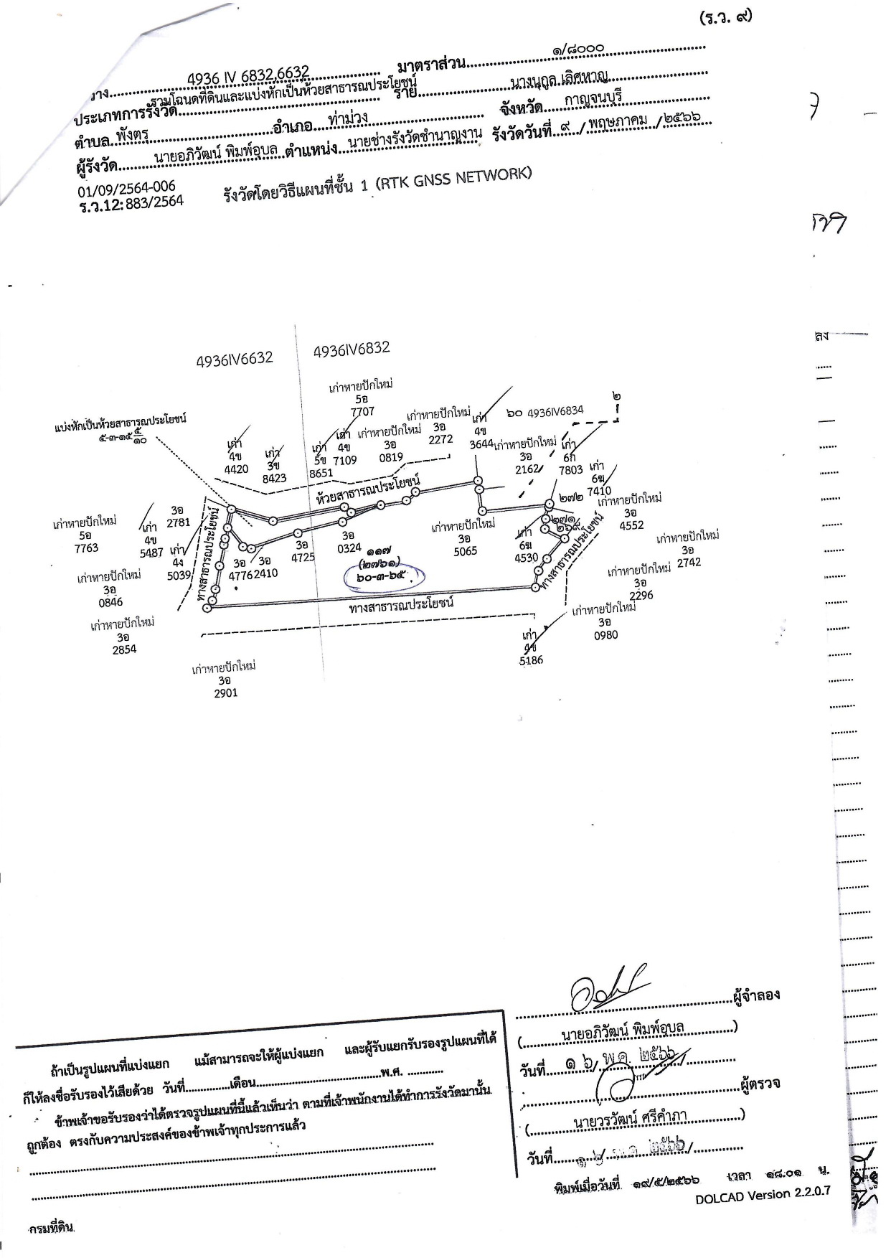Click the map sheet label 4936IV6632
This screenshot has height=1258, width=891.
click(234, 359)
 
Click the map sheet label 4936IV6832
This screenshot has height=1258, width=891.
click(352, 349)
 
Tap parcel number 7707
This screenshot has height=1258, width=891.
click(362, 412)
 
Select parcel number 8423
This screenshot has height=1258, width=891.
click(274, 477)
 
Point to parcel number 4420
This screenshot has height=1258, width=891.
click(236, 469)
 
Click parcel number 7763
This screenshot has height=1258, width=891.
click(85, 548)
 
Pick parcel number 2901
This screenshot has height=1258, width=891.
click(225, 693)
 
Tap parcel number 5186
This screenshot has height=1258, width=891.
click(532, 660)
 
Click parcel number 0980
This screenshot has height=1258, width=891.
click(605, 634)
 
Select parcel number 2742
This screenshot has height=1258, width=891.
click(688, 562)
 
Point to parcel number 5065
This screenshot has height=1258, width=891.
click(465, 551)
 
